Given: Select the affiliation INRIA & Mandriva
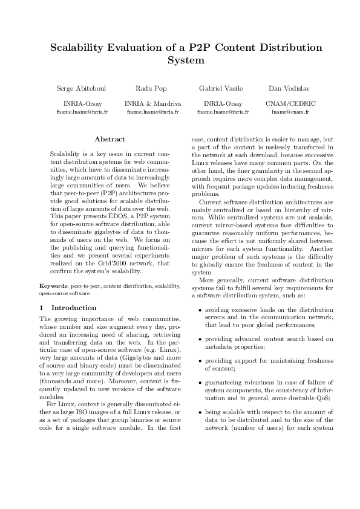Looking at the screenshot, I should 148,103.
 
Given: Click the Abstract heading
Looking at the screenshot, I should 110,139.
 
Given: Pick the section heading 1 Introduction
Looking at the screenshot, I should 57,308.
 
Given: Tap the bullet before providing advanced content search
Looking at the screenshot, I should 200,339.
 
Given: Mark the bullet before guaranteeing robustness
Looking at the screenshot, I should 200,383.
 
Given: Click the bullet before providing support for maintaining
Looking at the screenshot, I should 200,361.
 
